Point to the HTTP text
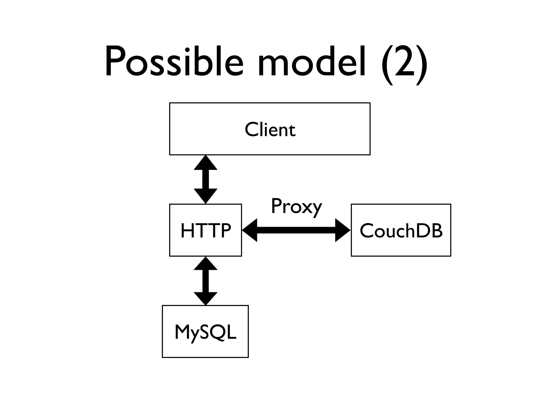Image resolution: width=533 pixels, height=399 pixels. (x=206, y=230)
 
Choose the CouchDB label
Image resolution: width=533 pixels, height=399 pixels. (x=401, y=230)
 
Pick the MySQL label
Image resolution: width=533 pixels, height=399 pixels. (x=205, y=332)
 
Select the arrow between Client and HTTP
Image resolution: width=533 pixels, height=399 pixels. (x=206, y=179)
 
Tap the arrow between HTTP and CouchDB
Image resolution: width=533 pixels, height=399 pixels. (x=296, y=230)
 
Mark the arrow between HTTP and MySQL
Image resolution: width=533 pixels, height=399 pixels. (x=206, y=281)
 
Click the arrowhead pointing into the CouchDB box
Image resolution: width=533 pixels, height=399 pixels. (x=342, y=230)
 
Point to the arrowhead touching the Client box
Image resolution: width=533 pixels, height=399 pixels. (x=206, y=163)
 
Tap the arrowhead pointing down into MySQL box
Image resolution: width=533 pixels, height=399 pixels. (x=206, y=298)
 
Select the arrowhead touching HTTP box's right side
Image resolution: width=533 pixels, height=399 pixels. (x=250, y=230)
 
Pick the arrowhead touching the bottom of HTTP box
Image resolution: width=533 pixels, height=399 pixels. (x=206, y=264)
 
